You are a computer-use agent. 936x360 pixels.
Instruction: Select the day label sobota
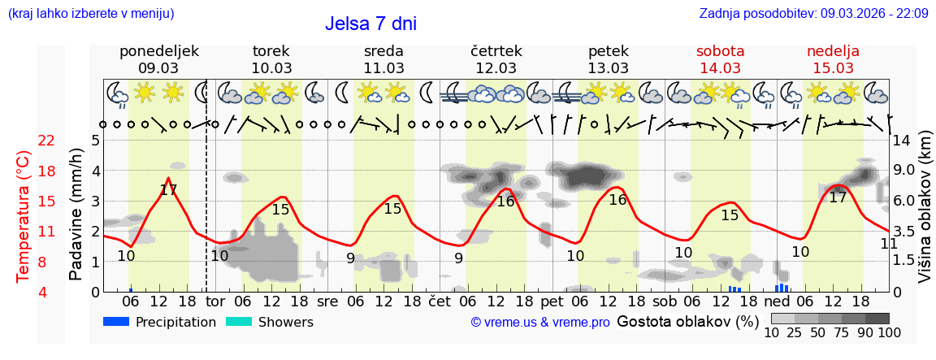(720, 51)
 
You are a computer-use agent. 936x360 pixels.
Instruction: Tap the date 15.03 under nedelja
(833, 68)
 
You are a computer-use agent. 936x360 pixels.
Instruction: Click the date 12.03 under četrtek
(496, 68)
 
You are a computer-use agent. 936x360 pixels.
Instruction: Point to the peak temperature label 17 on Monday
(168, 191)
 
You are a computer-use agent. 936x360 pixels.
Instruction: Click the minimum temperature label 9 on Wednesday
(350, 258)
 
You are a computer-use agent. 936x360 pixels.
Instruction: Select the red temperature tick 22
(46, 141)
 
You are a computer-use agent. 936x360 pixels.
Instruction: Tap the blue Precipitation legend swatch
(117, 322)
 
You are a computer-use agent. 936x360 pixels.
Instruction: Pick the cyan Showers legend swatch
(239, 322)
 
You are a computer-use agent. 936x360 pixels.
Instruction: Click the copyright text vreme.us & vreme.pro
(539, 323)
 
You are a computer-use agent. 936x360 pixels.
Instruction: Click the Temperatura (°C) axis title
(24, 216)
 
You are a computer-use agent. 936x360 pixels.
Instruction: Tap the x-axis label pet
(552, 301)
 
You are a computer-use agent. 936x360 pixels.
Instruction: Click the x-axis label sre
(327, 301)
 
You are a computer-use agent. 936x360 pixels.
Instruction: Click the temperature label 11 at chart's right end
(889, 243)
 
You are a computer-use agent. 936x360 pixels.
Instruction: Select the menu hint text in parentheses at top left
(90, 14)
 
